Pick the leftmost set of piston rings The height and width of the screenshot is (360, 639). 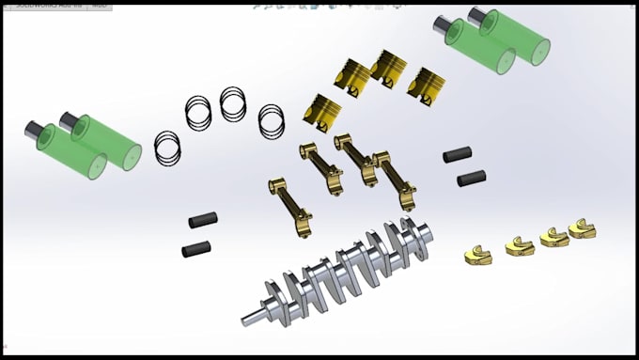coord(167,147)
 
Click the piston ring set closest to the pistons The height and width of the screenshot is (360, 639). coord(272,118)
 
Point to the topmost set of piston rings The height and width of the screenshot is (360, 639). coord(233,103)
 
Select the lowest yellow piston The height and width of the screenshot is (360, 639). coord(322,114)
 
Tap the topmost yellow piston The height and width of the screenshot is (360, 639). coord(388,68)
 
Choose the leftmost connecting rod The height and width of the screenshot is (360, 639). coord(290,207)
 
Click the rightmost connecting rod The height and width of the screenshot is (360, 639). coord(395,180)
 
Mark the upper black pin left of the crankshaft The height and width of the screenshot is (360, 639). coord(203,220)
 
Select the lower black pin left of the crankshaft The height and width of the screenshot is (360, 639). coord(196,249)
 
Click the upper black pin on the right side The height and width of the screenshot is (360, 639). coord(458,153)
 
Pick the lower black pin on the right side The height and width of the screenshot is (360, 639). coord(471,177)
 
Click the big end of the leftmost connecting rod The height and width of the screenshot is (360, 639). coord(301,223)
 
